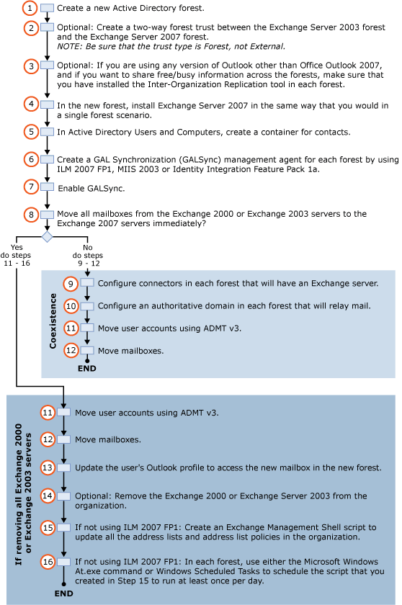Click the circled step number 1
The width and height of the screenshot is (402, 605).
30,8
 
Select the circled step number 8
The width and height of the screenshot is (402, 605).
30,214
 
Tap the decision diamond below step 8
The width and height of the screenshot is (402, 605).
47,236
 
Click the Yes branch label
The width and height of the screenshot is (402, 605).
17,251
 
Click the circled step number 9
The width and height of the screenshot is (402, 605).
71,284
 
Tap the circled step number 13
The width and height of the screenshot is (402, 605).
48,467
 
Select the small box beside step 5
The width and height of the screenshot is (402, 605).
48,132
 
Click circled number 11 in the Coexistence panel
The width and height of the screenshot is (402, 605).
71,328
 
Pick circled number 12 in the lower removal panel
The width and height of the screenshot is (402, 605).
48,439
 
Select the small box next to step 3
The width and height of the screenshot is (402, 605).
48,65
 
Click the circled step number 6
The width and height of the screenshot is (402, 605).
30,159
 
